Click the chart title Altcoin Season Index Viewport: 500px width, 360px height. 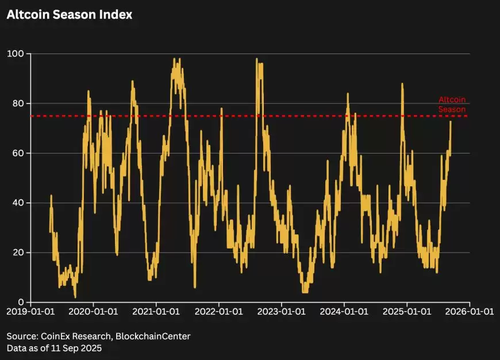pos(70,15)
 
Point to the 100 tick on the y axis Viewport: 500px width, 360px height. pos(16,54)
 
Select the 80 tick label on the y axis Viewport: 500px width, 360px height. pos(18,104)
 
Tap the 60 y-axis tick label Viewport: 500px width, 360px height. pos(18,153)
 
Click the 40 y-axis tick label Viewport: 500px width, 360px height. pos(18,203)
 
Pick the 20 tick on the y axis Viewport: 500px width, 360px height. pos(18,252)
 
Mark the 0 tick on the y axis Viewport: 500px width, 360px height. pos(21,302)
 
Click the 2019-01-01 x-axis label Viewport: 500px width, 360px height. pos(31,312)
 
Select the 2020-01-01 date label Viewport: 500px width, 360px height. pos(94,312)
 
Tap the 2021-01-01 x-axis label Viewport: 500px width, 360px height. pos(156,312)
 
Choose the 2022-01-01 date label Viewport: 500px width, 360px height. pos(219,312)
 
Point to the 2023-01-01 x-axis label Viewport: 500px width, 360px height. pos(282,312)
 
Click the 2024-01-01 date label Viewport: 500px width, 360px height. pos(344,312)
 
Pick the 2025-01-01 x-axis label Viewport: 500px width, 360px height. pos(407,312)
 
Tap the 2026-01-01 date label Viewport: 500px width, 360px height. pos(470,312)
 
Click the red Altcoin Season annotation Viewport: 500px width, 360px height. pos(452,104)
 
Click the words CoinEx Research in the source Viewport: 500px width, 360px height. pos(73,336)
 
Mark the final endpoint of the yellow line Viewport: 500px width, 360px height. pos(451,122)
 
